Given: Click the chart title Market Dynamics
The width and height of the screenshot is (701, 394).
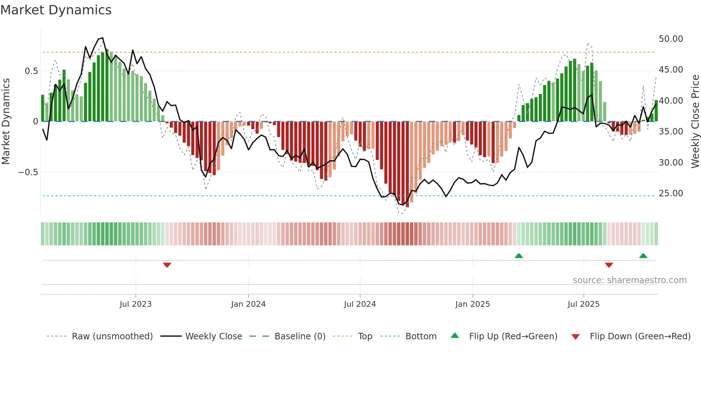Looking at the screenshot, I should point(56,10).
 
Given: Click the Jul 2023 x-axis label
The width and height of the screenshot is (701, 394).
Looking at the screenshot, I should point(136,304).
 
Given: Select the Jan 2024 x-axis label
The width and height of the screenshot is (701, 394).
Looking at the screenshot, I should point(248,304).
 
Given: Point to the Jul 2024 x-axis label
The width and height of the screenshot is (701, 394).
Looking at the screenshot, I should point(360,304).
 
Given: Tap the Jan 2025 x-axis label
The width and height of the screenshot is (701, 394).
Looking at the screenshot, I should point(472,304).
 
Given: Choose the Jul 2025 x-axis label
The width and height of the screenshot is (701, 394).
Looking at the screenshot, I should point(583,304).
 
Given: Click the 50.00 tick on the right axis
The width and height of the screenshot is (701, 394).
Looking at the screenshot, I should point(671,39).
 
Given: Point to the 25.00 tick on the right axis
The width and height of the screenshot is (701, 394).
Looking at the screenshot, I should point(671,193).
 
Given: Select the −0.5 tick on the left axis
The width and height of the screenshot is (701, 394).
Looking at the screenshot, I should point(28,172).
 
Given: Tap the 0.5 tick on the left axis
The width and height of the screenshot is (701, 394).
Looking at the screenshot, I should point(31,71).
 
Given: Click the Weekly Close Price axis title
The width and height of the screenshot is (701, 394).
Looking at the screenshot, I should point(695,121).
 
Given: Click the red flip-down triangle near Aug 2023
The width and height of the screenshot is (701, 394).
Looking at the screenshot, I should point(167,265).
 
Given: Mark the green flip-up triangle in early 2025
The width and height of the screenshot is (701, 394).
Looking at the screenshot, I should point(519,256).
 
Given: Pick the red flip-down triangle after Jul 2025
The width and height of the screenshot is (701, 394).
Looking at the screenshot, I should point(609,265).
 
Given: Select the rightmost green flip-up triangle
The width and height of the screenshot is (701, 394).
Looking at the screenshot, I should point(643,256).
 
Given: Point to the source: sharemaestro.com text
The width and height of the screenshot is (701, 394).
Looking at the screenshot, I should point(629,280).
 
